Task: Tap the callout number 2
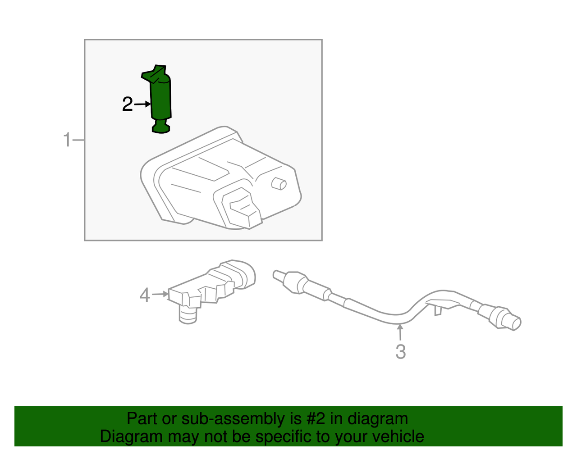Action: (x=127, y=104)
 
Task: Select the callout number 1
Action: (x=68, y=140)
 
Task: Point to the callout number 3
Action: (x=401, y=352)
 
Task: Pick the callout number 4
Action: (x=145, y=295)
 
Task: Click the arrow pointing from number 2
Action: (x=142, y=104)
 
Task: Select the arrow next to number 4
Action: (x=160, y=294)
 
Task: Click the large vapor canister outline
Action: (x=220, y=178)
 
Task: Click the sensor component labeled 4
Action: (x=211, y=291)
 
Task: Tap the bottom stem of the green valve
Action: (x=160, y=126)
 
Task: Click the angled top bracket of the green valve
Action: (x=155, y=73)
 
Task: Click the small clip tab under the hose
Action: (x=438, y=311)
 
